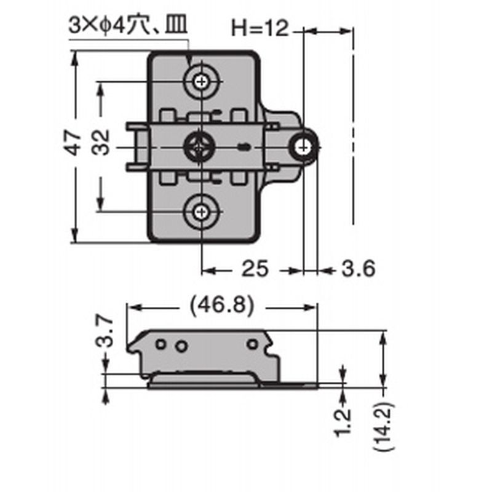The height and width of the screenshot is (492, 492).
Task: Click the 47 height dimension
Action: pyautogui.click(x=73, y=143)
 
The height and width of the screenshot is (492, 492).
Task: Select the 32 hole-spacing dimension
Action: pyautogui.click(x=101, y=143)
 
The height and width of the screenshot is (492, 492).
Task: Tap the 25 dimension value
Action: pyautogui.click(x=255, y=269)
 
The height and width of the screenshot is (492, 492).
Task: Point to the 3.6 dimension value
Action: pyautogui.click(x=359, y=269)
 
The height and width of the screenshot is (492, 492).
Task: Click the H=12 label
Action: pyautogui.click(x=260, y=28)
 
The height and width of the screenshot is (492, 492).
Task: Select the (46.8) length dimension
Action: pyautogui.click(x=222, y=306)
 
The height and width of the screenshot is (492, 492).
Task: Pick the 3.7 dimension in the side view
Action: pyautogui.click(x=105, y=331)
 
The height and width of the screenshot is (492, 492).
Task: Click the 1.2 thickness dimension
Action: pyautogui.click(x=343, y=421)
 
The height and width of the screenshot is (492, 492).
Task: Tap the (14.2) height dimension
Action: pyautogui.click(x=384, y=426)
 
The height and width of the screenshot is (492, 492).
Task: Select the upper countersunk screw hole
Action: pyautogui.click(x=201, y=82)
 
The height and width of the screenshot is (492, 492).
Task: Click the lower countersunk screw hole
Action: pyautogui.click(x=201, y=212)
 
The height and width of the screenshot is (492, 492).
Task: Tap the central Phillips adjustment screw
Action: pyautogui.click(x=199, y=147)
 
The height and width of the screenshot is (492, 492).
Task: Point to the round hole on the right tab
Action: pyautogui.click(x=303, y=147)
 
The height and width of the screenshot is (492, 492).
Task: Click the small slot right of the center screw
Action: pyautogui.click(x=244, y=147)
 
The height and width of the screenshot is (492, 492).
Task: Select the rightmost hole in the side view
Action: pyautogui.click(x=252, y=344)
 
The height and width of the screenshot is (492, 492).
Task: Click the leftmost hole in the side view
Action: pyautogui.click(x=161, y=344)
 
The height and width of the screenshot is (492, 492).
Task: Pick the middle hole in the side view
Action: pyautogui.click(x=181, y=346)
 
